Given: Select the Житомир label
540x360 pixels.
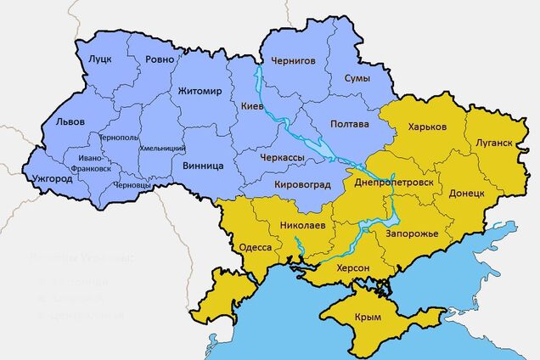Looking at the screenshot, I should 200,91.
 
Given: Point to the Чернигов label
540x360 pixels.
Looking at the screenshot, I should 293,61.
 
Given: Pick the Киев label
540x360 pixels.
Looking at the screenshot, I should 253,107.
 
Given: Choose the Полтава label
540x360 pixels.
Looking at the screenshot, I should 350,124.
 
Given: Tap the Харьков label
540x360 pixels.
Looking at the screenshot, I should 427,127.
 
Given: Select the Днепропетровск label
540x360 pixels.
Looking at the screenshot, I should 393,183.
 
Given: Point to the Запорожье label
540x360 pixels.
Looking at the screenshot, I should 412,233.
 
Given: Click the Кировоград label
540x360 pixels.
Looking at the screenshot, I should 303,184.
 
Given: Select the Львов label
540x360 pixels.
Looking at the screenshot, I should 70,121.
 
